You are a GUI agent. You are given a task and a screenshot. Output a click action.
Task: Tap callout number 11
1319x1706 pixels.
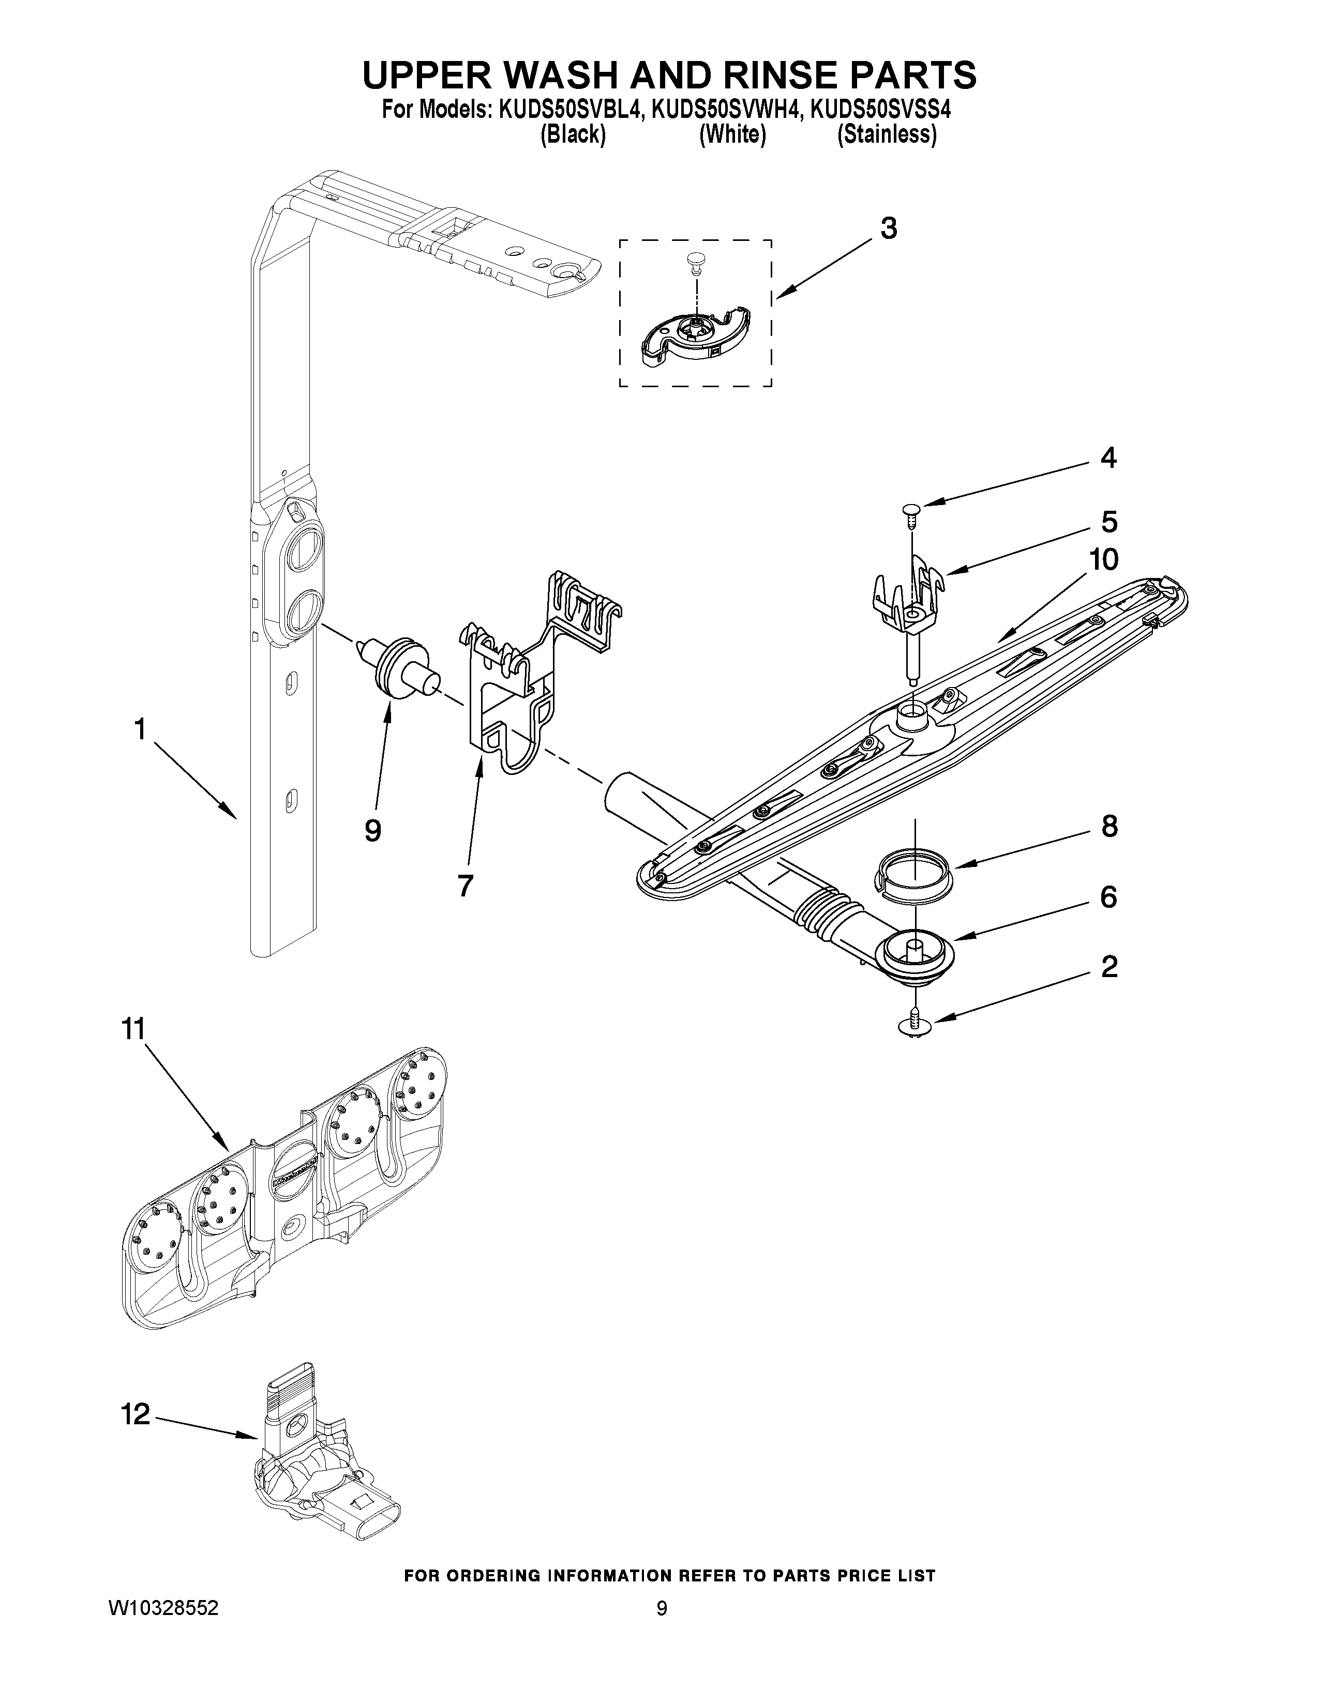(x=133, y=1029)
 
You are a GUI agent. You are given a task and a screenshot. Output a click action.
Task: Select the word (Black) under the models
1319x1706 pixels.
(x=573, y=135)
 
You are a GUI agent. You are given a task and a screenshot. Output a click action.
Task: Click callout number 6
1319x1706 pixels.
(x=1108, y=897)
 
